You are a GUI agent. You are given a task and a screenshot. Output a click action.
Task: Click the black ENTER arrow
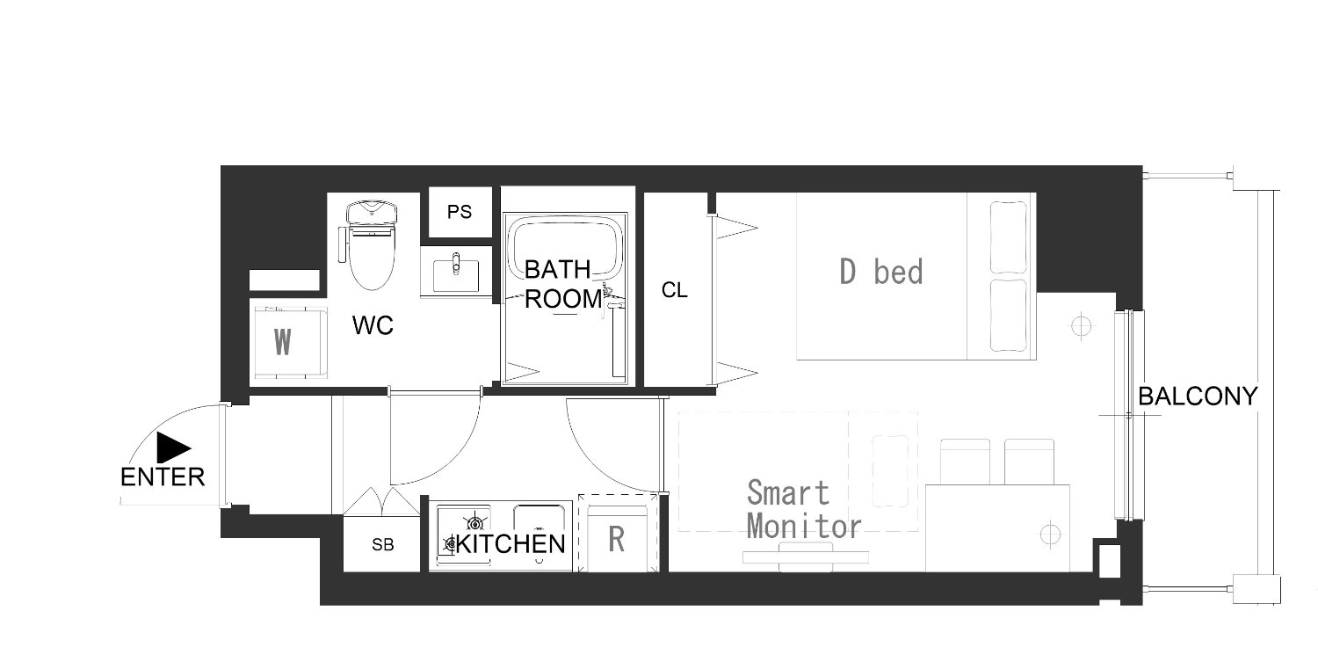(172, 448)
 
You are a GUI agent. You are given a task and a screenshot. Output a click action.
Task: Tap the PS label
(460, 212)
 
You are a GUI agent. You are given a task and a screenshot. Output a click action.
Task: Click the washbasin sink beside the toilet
(456, 273)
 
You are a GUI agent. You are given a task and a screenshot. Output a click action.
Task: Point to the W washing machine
(289, 341)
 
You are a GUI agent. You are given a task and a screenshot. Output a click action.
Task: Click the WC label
(373, 324)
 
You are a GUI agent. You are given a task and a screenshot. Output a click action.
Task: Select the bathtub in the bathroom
(565, 247)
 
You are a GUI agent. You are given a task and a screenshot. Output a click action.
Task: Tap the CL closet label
(674, 290)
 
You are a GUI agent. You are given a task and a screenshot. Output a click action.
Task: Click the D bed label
(880, 273)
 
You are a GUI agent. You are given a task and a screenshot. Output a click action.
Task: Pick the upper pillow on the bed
(1009, 237)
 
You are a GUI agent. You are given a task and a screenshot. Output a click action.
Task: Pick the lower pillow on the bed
(1009, 316)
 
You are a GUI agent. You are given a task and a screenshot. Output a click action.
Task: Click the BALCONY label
(1198, 397)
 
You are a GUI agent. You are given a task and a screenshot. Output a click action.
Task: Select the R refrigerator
(618, 533)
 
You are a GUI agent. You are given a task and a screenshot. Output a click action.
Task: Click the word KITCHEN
(511, 543)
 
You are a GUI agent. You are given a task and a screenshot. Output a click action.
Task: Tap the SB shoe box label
(382, 545)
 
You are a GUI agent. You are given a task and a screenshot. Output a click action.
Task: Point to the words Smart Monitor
(804, 510)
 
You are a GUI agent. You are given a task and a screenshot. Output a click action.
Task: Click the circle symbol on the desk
(1050, 535)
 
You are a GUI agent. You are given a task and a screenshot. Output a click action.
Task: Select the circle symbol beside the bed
(1081, 325)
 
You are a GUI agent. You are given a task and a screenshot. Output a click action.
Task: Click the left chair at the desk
(965, 462)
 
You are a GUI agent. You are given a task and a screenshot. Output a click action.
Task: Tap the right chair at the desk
(1029, 462)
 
